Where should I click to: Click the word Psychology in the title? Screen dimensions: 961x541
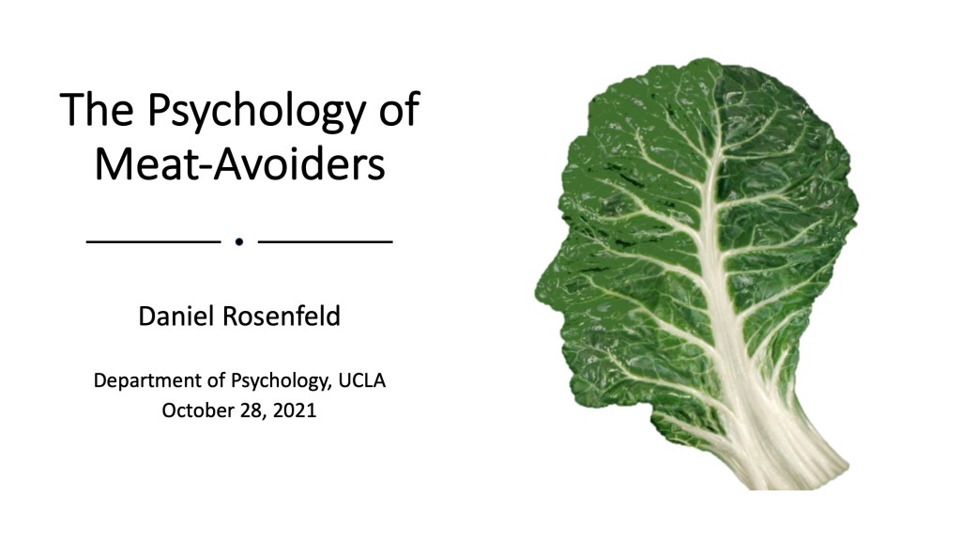click(256, 112)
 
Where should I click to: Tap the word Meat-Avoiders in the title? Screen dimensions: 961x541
click(239, 163)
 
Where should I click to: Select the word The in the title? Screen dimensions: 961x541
click(97, 109)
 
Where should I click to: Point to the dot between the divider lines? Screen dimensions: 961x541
click(239, 241)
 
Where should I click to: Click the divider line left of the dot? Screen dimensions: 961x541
click(153, 241)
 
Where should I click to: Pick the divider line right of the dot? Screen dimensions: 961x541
click(326, 241)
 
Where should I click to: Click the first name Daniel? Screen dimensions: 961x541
click(176, 317)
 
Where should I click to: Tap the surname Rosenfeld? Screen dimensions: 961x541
click(282, 317)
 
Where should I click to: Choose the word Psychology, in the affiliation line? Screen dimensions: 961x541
click(281, 381)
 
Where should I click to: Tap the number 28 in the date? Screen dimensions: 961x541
click(252, 410)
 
